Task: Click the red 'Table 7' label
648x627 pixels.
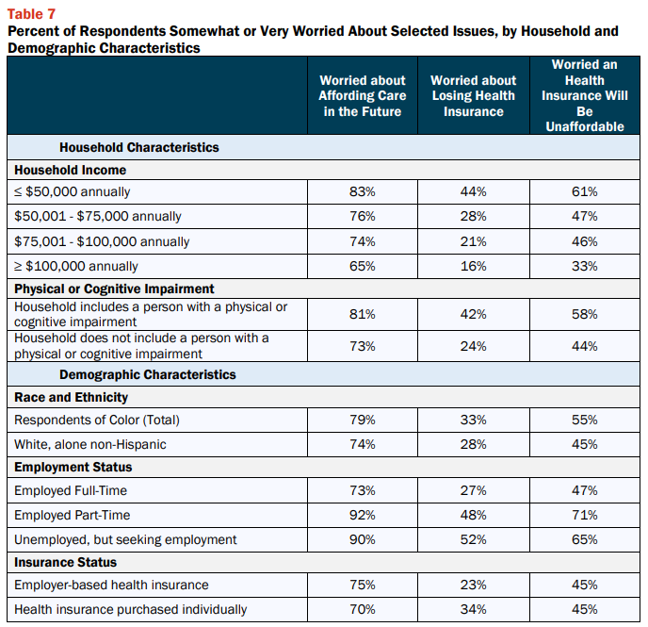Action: coord(31,14)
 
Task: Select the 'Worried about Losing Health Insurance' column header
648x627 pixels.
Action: coord(473,95)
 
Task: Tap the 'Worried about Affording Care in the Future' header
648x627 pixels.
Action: coord(363,95)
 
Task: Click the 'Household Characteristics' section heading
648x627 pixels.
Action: coord(138,147)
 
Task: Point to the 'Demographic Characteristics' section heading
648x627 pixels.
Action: coord(148,374)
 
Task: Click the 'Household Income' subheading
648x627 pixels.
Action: coord(71,170)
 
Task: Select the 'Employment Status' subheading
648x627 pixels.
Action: coord(73,467)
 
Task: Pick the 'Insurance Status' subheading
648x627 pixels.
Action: coord(65,562)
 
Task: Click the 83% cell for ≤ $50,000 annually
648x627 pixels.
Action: coord(363,191)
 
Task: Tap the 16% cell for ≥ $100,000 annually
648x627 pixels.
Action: coord(473,266)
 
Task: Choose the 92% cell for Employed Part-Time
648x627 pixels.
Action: coord(363,515)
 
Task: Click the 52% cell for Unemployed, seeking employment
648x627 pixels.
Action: coord(473,539)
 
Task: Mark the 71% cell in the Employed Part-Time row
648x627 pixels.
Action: coord(585,515)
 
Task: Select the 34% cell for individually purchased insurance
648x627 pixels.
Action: coord(473,609)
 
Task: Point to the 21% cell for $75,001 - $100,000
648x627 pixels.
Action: coord(473,241)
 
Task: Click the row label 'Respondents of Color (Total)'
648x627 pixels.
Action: coord(97,420)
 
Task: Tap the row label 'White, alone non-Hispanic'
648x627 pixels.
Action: coord(90,444)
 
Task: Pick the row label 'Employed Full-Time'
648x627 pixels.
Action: coord(71,490)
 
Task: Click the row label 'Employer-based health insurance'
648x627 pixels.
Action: coord(111,585)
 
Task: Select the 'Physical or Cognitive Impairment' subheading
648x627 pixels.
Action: coord(114,289)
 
